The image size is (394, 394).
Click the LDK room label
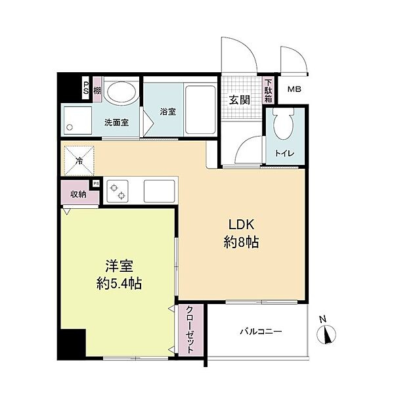tap(242, 225)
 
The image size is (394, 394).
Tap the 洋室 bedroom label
tap(119, 266)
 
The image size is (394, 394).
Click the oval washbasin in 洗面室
tap(121, 91)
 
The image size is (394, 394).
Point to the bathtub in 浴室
tap(200, 110)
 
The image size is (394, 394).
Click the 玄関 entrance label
tap(240, 100)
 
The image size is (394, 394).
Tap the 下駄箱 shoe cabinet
tap(268, 91)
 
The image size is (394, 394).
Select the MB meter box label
tap(294, 89)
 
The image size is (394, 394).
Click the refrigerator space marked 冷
tap(79, 160)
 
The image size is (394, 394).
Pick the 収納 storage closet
tap(78, 192)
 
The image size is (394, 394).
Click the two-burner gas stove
tap(118, 191)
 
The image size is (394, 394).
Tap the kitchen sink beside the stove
tap(159, 191)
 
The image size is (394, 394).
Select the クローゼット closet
tap(190, 330)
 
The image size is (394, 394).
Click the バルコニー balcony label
tap(261, 332)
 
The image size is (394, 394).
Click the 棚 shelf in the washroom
tap(97, 89)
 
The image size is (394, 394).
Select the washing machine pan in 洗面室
tap(78, 121)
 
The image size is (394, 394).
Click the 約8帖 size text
tap(241, 243)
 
